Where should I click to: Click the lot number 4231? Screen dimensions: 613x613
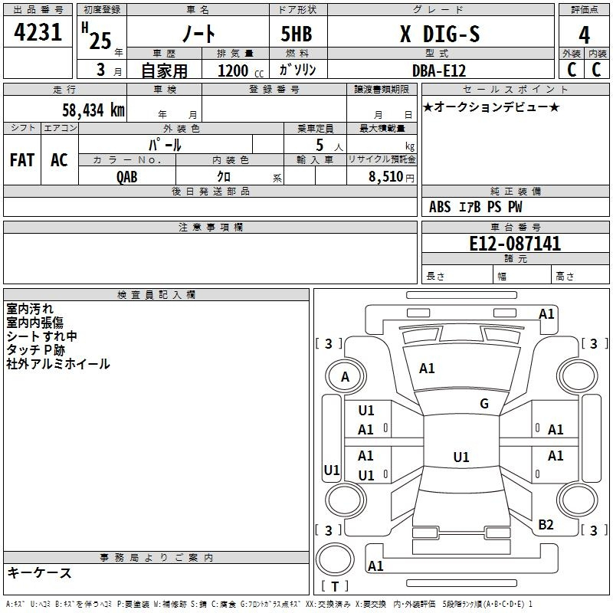[x=38, y=34]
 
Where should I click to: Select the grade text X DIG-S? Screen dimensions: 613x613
[x=441, y=34]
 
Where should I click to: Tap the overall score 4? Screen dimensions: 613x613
[x=585, y=35]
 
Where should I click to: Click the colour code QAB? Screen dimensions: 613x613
[x=127, y=176]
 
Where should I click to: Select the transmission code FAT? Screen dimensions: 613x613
[x=21, y=159]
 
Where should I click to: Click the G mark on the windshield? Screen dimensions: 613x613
[x=484, y=404]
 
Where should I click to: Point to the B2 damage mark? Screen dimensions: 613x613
[x=546, y=525]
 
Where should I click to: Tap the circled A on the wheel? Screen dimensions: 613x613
[x=345, y=377]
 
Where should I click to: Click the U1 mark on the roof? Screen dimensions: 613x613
[x=461, y=457]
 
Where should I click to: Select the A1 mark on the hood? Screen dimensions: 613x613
[x=427, y=369]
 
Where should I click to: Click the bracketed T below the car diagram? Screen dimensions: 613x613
[x=335, y=586]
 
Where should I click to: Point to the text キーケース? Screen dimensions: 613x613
[x=40, y=572]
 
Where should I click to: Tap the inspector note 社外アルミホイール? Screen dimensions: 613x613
[x=58, y=364]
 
